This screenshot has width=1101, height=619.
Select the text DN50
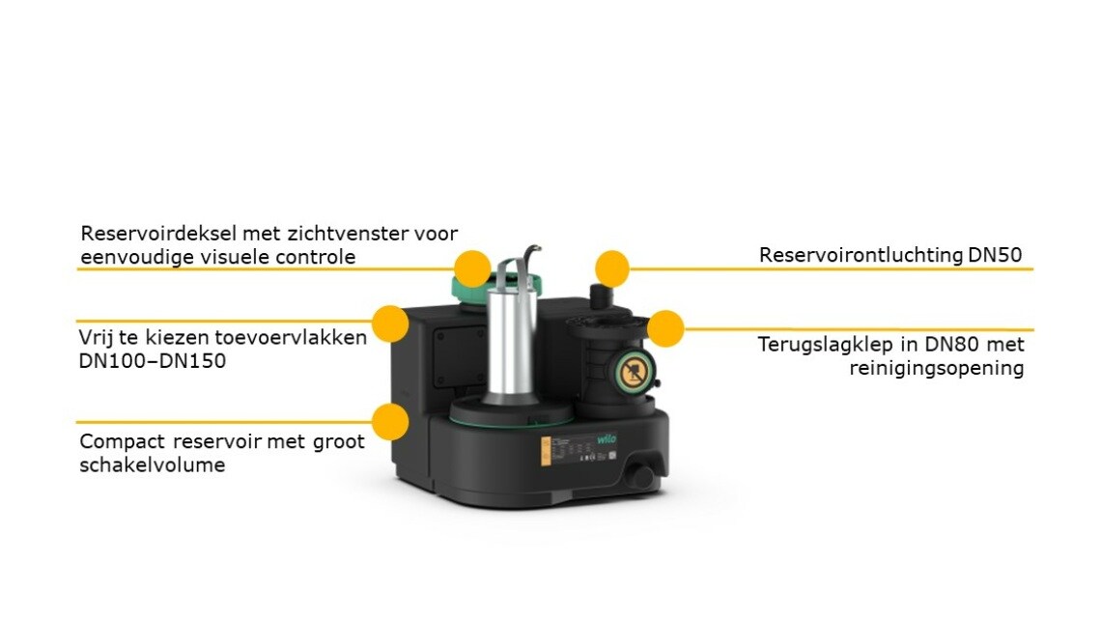pyautogui.click(x=995, y=255)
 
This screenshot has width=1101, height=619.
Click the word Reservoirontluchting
pyautogui.click(x=861, y=255)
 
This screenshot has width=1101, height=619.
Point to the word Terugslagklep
pyautogui.click(x=823, y=345)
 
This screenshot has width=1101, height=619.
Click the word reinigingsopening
pyautogui.click(x=937, y=369)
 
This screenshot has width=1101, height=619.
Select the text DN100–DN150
pyautogui.click(x=153, y=361)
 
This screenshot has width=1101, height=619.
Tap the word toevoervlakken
pyautogui.click(x=291, y=338)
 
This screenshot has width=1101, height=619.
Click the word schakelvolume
pyautogui.click(x=153, y=464)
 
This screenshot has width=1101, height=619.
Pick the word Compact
pyautogui.click(x=123, y=442)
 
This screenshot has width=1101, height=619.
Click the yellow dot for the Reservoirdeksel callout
pyautogui.click(x=472, y=268)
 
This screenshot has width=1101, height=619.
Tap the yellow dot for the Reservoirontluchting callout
pyautogui.click(x=612, y=268)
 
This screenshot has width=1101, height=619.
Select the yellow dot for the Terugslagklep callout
pyautogui.click(x=665, y=328)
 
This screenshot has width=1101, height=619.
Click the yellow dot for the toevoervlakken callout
pyautogui.click(x=390, y=324)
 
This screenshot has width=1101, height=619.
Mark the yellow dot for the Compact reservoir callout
pyautogui.click(x=390, y=421)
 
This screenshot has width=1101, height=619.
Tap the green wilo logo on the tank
pyautogui.click(x=607, y=439)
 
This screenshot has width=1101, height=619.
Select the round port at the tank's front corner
pyautogui.click(x=640, y=475)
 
